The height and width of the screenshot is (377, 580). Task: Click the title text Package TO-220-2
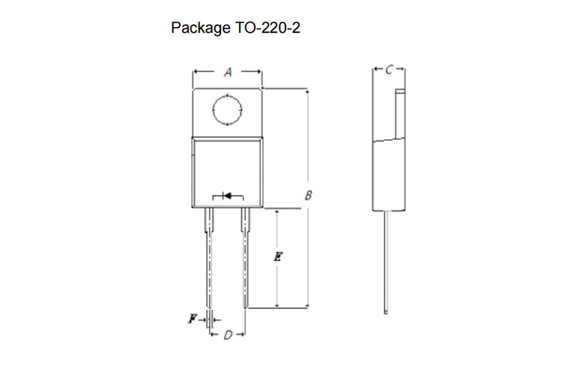point(235,28)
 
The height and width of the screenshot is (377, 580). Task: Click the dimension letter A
point(228,72)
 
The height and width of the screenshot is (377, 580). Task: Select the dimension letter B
point(308,195)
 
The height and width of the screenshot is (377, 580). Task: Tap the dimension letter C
point(389,69)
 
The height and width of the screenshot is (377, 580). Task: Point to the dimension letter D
point(228,335)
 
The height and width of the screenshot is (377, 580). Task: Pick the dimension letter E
point(278,256)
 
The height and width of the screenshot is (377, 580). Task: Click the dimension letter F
point(193,318)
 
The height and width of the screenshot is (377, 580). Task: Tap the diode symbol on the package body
point(228,195)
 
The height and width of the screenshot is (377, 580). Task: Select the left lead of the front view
point(209,258)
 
